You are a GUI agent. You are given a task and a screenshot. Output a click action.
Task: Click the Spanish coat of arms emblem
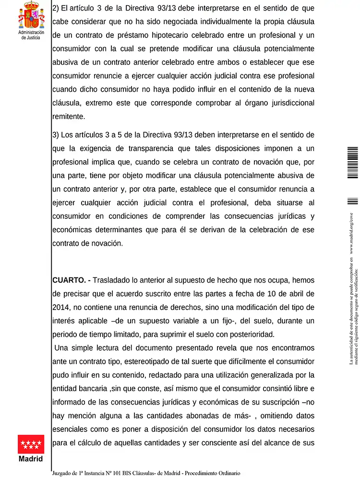(31, 14)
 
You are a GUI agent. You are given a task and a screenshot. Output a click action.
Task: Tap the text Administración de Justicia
(31, 35)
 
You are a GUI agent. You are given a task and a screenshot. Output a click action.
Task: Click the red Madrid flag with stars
(31, 444)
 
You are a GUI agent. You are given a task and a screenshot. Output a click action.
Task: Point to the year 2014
(61, 307)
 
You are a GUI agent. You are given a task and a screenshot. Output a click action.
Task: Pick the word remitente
(69, 116)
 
